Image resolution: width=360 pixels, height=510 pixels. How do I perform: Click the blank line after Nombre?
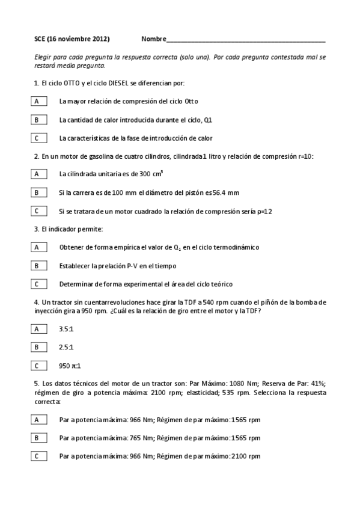pos(246,40)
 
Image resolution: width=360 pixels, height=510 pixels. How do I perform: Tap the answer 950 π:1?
pos(70,366)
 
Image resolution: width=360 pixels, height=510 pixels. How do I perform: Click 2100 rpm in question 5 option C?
pos(246,456)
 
